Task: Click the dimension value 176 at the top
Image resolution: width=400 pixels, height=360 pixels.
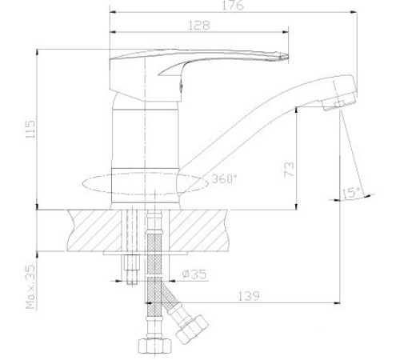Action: pyautogui.click(x=233, y=6)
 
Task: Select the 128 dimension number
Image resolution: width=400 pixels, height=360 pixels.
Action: pyautogui.click(x=199, y=26)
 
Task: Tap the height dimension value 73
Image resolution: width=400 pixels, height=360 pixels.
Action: pyautogui.click(x=290, y=169)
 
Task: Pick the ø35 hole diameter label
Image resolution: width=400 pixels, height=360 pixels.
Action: pyautogui.click(x=195, y=274)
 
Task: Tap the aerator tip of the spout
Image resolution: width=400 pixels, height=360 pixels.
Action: pyautogui.click(x=341, y=102)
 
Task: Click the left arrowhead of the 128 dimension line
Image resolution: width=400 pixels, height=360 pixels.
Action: pyautogui.click(x=111, y=33)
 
